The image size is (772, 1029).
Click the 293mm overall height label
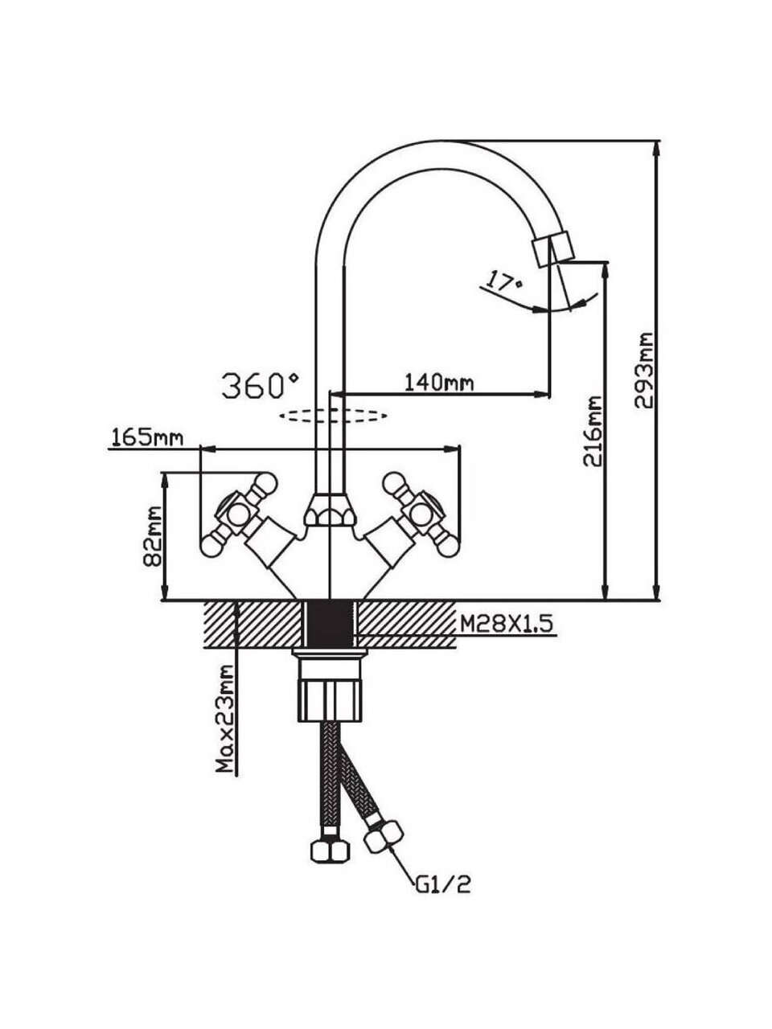(644, 371)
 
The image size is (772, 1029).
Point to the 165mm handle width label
(146, 438)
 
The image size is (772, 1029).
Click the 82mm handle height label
(153, 536)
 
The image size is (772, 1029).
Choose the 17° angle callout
(503, 283)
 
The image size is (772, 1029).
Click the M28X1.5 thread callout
(507, 622)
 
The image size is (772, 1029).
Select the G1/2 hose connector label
(441, 886)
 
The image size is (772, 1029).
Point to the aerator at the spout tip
(552, 248)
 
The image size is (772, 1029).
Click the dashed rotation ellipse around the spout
(333, 416)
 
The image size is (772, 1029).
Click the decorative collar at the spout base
(327, 510)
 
